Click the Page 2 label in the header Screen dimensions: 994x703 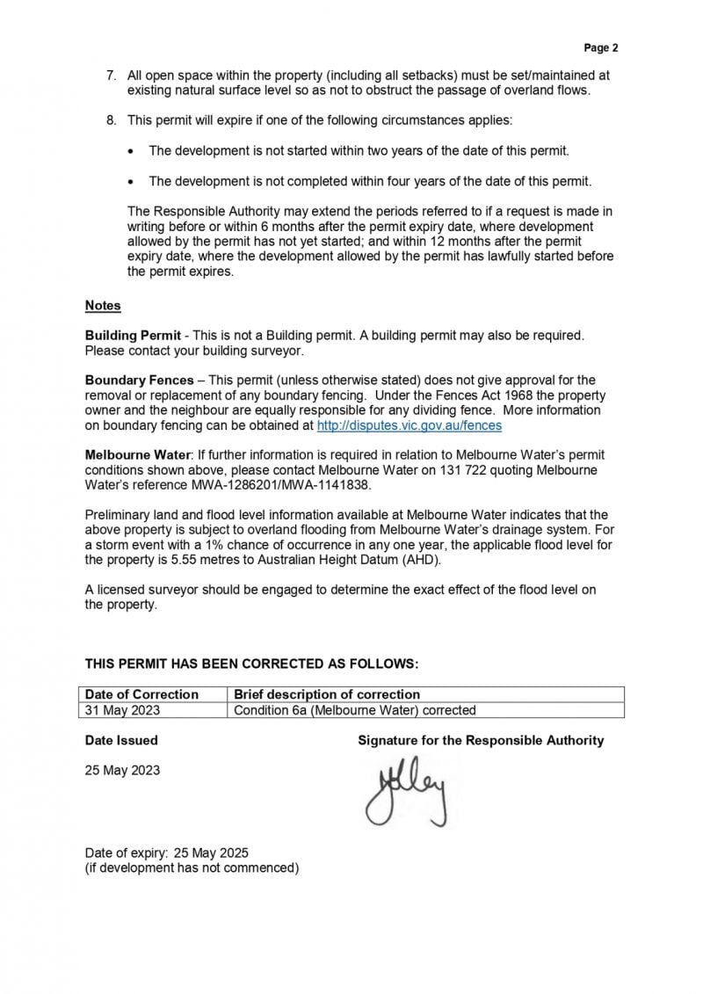click(x=601, y=47)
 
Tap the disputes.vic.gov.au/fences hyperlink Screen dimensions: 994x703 click(x=409, y=425)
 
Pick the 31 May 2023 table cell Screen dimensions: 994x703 click(x=122, y=710)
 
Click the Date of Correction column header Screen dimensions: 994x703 click(x=141, y=694)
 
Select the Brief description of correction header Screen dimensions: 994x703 click(x=327, y=694)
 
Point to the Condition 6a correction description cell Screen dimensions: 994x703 click(x=354, y=710)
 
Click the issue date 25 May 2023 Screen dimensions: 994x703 click(x=122, y=769)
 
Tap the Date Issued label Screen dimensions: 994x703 click(x=121, y=740)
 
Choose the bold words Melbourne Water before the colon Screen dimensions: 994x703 click(x=137, y=455)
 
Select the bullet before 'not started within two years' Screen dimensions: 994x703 click(x=131, y=151)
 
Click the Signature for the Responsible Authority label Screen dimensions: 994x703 click(x=481, y=740)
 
